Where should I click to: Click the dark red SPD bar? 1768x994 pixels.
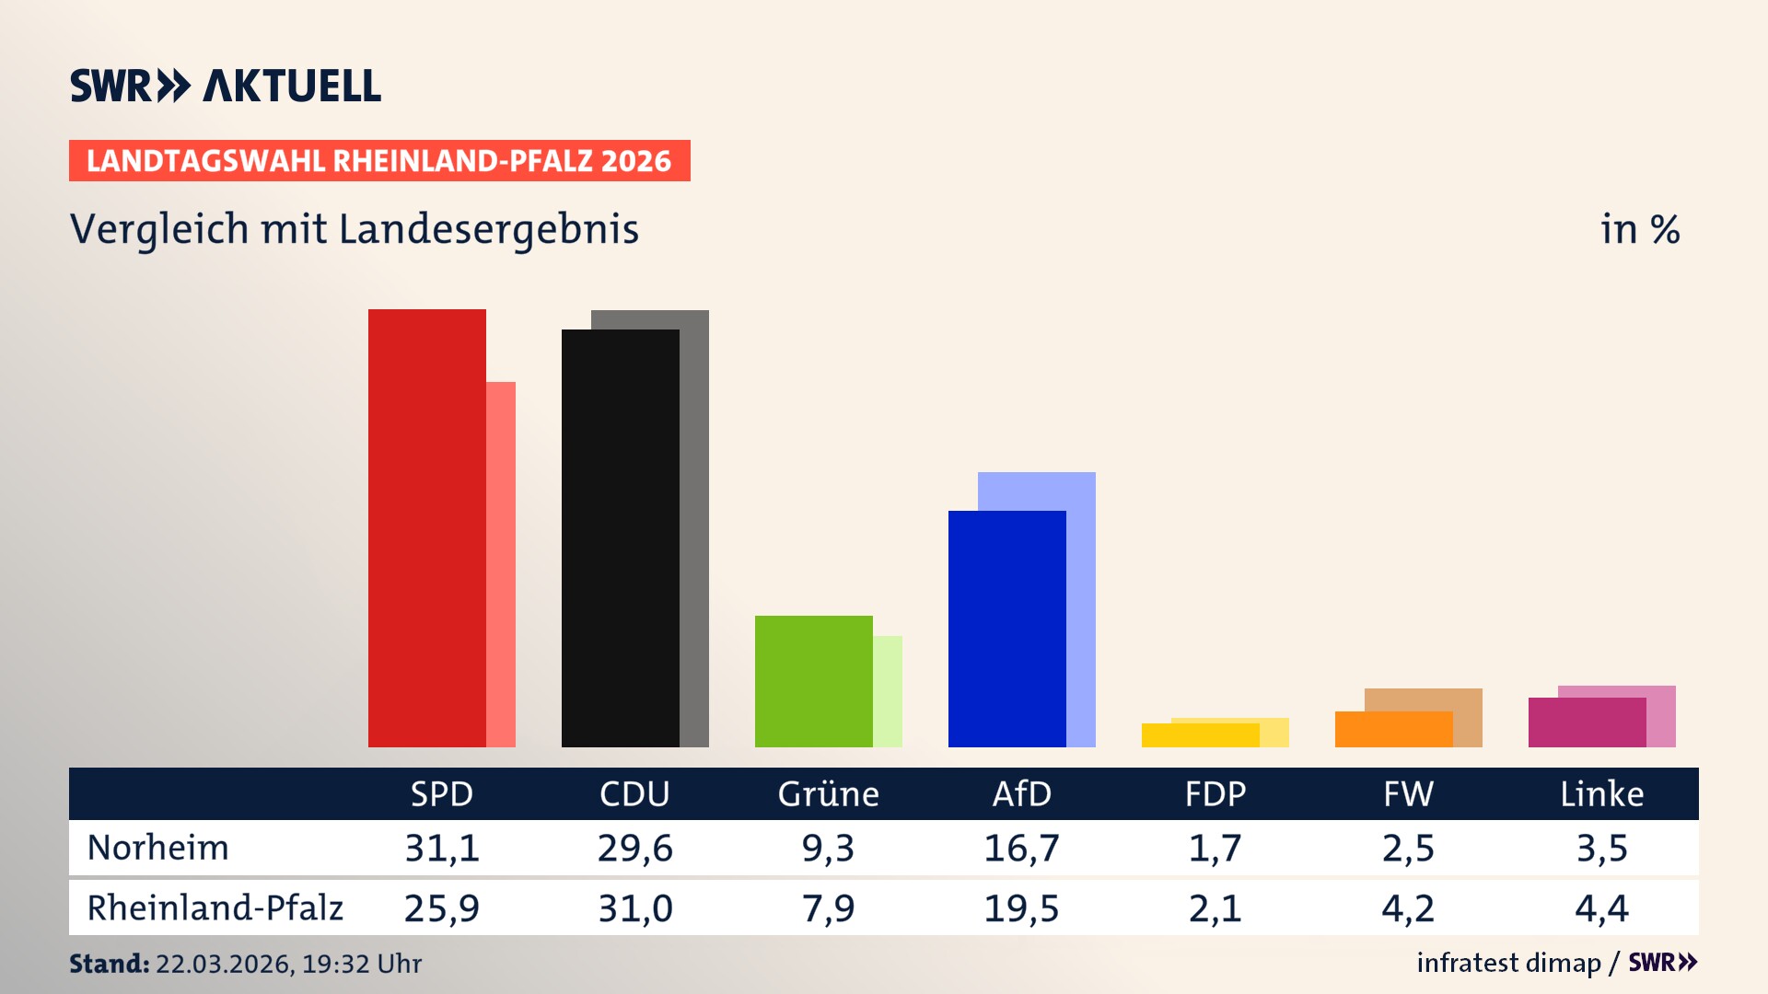point(426,528)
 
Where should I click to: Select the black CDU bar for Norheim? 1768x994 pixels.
point(620,538)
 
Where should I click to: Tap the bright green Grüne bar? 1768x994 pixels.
point(813,681)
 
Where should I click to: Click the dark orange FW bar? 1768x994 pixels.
point(1393,729)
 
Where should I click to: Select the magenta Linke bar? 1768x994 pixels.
point(1587,722)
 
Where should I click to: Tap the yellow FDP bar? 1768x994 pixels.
point(1200,735)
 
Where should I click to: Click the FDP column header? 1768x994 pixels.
point(1215,793)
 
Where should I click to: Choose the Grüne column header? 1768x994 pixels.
point(828,793)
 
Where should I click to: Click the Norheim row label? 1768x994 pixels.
point(157,848)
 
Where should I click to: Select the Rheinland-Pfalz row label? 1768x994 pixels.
point(215,907)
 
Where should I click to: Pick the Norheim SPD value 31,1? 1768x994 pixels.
point(442,848)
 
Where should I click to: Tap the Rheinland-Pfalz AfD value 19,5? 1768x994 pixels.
point(1021,908)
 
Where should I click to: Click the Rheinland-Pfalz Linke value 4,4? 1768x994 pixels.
point(1601,908)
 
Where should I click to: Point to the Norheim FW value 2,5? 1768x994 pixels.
point(1408,848)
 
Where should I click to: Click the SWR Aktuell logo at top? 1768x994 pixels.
point(226,86)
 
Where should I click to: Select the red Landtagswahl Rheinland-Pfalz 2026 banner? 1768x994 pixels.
point(379,160)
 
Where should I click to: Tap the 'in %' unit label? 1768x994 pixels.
point(1639,229)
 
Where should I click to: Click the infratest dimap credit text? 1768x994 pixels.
point(1508,963)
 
